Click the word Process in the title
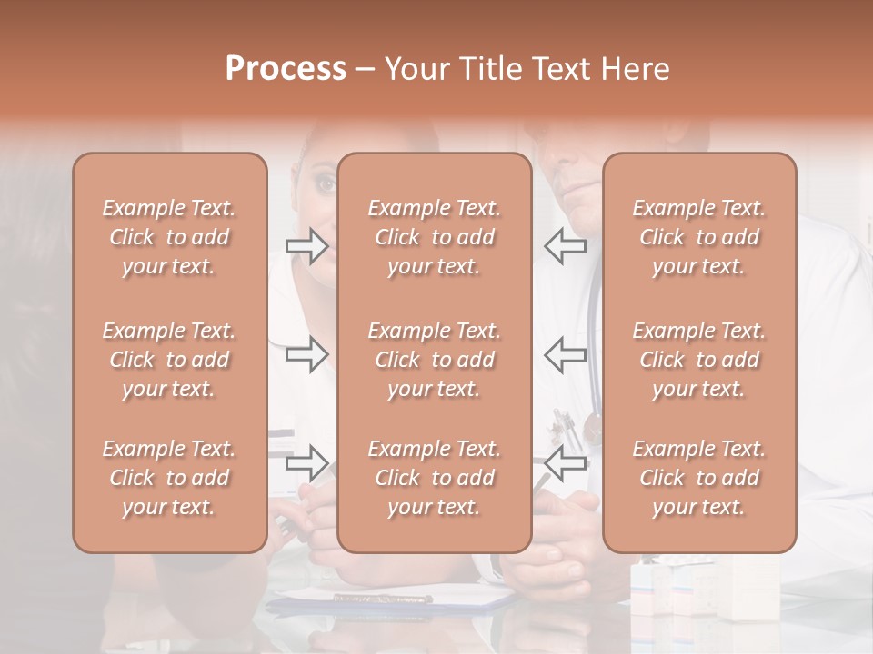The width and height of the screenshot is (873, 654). (286, 69)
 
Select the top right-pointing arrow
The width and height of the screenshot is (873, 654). (306, 246)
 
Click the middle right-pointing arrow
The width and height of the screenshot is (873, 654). (306, 354)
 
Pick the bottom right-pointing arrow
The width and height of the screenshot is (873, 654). (306, 463)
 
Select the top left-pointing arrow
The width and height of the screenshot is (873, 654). (565, 246)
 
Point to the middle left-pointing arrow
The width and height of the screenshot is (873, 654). (565, 354)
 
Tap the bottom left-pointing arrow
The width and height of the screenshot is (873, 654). (565, 463)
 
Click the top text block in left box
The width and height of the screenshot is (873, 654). (169, 237)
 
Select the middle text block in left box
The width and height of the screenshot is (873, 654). (169, 360)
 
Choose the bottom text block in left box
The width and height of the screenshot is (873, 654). (169, 478)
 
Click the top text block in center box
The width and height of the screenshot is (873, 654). (435, 237)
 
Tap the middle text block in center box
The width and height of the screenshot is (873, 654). (435, 360)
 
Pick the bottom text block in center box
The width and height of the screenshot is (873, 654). (435, 478)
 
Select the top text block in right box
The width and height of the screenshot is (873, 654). (699, 237)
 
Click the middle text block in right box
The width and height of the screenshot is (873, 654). (699, 360)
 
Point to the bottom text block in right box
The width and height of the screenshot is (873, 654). (699, 478)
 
